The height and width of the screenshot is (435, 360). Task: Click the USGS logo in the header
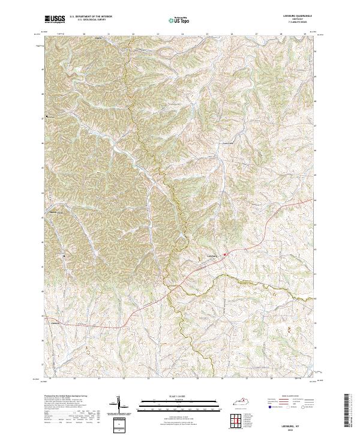(x=54, y=20)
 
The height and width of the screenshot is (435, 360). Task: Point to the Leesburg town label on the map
(x=208, y=254)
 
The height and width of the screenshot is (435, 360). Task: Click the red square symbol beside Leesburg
(x=225, y=254)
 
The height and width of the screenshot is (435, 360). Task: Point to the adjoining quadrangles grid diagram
(x=242, y=421)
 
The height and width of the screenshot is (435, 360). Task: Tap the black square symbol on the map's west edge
(x=47, y=116)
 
